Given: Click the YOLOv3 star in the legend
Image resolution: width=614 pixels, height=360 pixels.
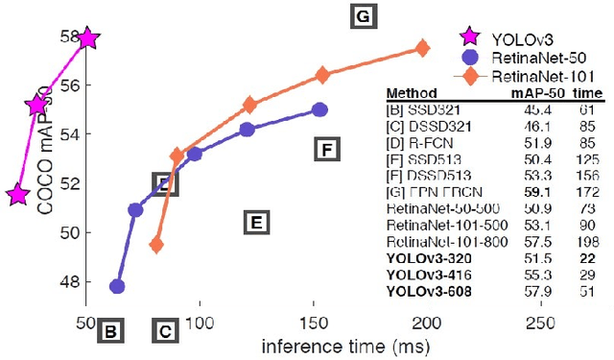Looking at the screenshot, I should [x=468, y=37].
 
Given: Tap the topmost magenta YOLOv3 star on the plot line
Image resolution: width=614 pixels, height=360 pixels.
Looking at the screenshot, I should [x=88, y=38].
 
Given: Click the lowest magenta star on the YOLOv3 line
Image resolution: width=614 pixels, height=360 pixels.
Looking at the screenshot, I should [x=16, y=195].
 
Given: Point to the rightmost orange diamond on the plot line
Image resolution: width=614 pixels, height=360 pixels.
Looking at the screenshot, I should [x=422, y=48].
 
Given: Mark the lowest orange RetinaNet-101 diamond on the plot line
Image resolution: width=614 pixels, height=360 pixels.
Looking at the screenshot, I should [x=156, y=245].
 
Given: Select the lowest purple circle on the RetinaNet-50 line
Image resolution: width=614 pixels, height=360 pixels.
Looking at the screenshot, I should [x=118, y=286].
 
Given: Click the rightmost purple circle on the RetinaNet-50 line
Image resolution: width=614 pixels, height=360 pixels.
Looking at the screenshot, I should [x=320, y=110].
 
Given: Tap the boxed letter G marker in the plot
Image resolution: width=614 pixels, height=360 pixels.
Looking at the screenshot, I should [x=363, y=17].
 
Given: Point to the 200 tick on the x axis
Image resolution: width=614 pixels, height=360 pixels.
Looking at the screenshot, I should [x=427, y=324].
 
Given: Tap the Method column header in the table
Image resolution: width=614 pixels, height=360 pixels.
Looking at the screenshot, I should [x=406, y=94].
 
